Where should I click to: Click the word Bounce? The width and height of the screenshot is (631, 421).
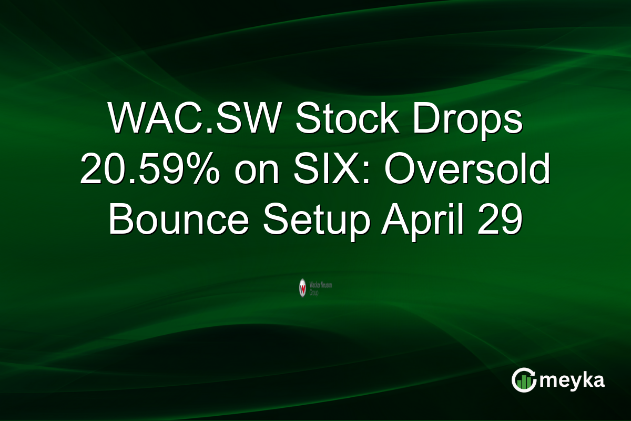pyautogui.click(x=178, y=221)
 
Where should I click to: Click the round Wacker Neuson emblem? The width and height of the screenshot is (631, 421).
pyautogui.click(x=303, y=287)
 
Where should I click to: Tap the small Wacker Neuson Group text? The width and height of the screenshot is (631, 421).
pyautogui.click(x=321, y=287)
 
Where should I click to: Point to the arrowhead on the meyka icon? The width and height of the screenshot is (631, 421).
pyautogui.click(x=532, y=372)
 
